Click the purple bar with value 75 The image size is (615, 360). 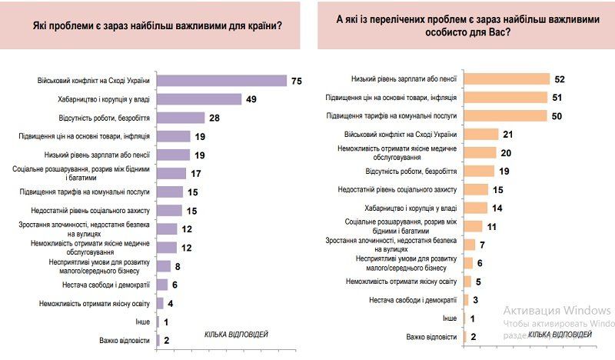click(x=221, y=81)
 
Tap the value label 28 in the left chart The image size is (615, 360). click(x=216, y=118)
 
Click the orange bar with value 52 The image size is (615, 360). click(x=508, y=79)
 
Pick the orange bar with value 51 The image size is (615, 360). click(x=507, y=98)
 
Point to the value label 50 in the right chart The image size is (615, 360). click(x=557, y=116)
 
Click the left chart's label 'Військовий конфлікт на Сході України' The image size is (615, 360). click(x=93, y=81)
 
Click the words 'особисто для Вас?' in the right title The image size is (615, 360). click(x=467, y=34)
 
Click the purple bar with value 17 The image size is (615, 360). click(x=171, y=173)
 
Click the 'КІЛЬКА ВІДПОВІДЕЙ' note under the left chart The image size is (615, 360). click(x=236, y=334)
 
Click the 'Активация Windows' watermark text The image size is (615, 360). click(x=557, y=310)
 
